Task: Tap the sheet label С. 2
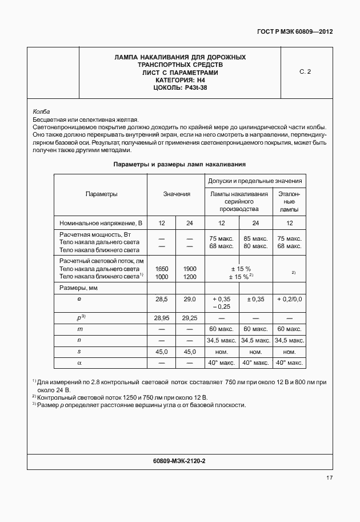305,72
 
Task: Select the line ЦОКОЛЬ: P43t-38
180,87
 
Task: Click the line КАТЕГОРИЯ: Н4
180,80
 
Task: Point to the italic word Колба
41,111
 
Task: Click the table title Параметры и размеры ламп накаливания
179,164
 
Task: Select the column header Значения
177,194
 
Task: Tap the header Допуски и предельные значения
255,181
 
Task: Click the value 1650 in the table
162,268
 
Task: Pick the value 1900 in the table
190,268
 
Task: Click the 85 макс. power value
255,238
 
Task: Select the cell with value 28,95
162,317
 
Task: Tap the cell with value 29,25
190,317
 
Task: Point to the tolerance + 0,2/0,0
290,299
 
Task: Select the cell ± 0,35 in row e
255,299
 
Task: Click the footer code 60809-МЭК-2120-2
179,460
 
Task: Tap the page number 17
329,478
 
